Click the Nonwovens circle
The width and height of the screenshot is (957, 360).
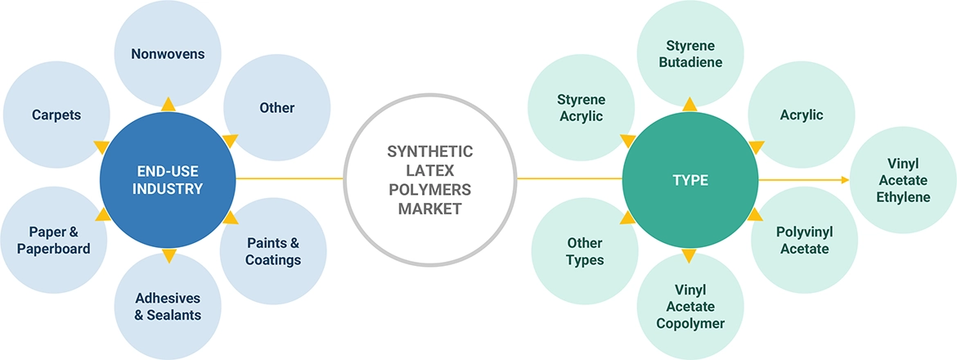coord(168,54)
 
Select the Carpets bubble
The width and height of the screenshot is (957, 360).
coord(56,115)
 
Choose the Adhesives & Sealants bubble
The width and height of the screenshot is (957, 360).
coord(168,306)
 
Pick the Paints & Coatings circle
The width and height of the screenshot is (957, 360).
coord(273,251)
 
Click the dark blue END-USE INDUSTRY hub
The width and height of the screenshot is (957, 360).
coord(168,178)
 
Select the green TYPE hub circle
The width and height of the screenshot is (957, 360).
coord(690,179)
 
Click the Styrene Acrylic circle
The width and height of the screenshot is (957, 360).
coord(581,108)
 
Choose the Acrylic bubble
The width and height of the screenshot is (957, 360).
coord(802,115)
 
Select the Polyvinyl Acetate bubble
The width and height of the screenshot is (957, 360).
coord(803,240)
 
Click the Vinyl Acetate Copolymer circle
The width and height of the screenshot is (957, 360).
coord(690,306)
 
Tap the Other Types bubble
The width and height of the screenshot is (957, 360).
coord(585,251)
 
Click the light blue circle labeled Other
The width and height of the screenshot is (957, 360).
coord(276,108)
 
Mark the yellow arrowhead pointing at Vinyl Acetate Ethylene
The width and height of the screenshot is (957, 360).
coord(843,179)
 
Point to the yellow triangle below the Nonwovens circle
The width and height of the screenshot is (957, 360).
coord(168,104)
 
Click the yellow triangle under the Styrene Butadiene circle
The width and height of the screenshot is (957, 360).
coord(690,104)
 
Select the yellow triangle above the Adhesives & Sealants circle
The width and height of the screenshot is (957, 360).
coord(168,256)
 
